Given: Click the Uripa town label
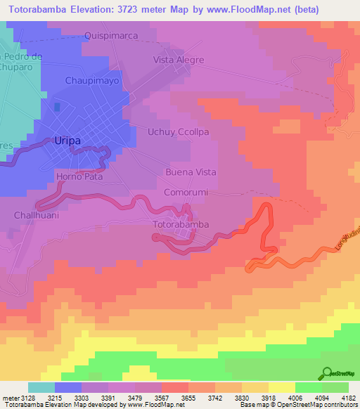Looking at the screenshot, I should pos(67,141).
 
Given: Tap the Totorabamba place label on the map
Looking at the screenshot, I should pos(181,225).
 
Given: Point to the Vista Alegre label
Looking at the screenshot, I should pos(179,60).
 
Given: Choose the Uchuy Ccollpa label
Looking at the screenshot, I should pos(179,131).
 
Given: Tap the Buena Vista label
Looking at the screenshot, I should pos(191,172).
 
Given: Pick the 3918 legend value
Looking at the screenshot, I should pos(267,397).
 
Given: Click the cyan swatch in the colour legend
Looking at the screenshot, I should pos(41,387).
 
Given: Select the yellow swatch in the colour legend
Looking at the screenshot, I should pos(282,387).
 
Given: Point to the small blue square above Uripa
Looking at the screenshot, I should pos(57,106).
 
